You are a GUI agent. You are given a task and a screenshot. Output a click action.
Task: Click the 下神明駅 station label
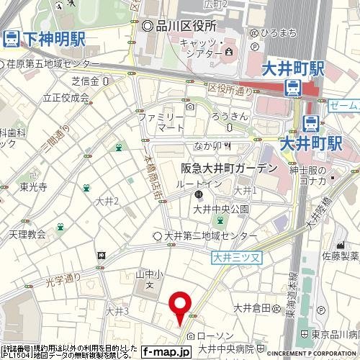pos(50,37)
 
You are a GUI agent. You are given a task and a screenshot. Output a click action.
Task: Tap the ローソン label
pos(213,336)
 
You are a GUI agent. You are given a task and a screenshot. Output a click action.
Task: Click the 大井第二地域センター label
pos(210,236)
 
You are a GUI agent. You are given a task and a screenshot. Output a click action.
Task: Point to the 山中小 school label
pos(146,274)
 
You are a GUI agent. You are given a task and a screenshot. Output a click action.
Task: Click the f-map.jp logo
pos(166,352)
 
